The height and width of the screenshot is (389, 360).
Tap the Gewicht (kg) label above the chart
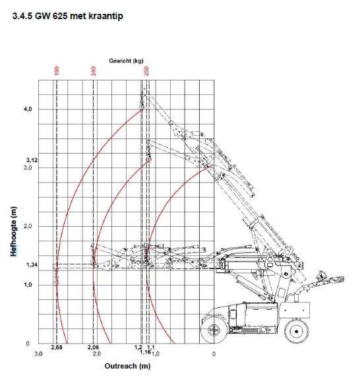(126, 61)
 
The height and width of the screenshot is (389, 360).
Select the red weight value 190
(57, 70)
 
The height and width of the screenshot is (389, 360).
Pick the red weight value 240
(94, 70)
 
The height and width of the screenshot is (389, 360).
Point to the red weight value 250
(147, 70)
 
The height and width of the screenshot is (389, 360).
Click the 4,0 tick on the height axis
(28, 109)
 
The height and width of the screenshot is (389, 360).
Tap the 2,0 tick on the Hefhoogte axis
(28, 226)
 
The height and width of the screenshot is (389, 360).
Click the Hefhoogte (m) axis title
(14, 231)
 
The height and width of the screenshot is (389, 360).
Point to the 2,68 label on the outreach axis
(56, 347)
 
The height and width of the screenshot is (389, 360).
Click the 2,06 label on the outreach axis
(93, 347)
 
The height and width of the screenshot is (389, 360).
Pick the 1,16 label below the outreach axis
(145, 353)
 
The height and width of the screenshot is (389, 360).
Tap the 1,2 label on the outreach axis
(138, 347)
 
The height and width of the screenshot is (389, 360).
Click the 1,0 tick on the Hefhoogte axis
(28, 285)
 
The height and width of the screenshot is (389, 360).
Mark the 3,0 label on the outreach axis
(39, 354)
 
